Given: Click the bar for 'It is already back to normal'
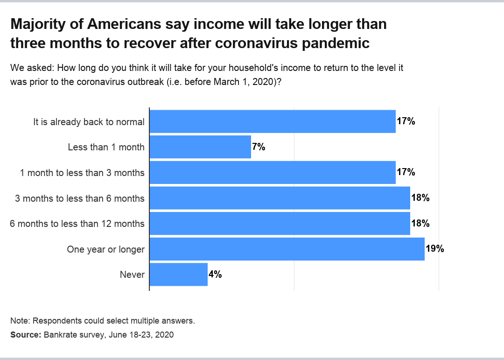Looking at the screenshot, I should click(x=273, y=121).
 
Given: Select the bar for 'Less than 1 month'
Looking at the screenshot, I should click(x=200, y=147).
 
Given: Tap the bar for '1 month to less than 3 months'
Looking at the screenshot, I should click(x=273, y=172).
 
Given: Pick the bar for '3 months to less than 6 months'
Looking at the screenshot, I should click(x=280, y=198).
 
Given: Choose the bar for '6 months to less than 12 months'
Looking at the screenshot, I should click(x=280, y=223).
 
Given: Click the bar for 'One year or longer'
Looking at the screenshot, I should click(x=287, y=249).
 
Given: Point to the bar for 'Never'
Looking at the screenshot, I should click(x=178, y=274).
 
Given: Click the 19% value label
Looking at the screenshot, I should click(x=434, y=249).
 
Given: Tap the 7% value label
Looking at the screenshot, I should click(x=259, y=147).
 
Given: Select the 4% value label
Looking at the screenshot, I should click(x=215, y=275).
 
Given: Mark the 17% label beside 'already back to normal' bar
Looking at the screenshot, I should click(x=406, y=121).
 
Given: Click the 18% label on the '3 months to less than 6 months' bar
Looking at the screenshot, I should click(x=420, y=198).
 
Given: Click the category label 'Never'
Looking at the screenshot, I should click(x=132, y=275).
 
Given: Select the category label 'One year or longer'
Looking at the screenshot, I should click(x=105, y=249).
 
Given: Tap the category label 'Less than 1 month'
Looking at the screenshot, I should click(x=106, y=148).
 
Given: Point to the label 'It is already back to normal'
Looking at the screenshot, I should click(x=89, y=122).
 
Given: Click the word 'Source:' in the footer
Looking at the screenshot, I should click(x=26, y=335).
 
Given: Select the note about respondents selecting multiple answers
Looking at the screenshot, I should click(x=102, y=321).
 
